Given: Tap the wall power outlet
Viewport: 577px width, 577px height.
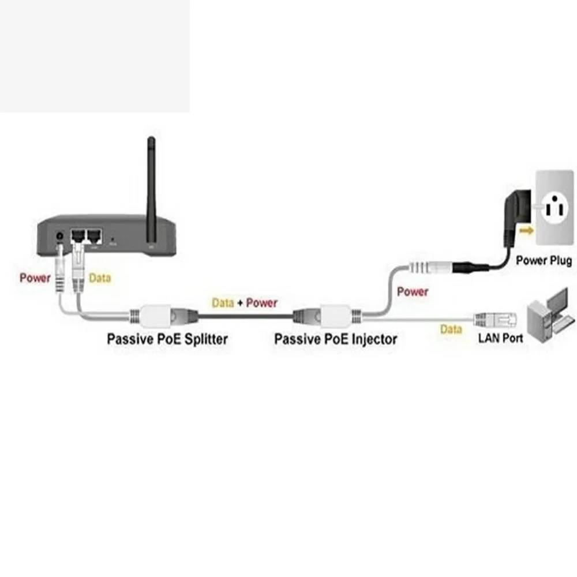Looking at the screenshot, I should point(555,208).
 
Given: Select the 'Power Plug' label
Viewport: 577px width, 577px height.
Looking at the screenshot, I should point(544,260).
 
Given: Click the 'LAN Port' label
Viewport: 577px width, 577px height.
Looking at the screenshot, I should point(500,338).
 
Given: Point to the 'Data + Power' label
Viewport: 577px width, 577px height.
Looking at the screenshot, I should point(244,302).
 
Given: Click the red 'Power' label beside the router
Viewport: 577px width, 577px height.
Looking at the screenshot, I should point(35,278).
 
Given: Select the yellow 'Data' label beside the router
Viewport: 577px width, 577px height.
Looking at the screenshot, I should point(100,278).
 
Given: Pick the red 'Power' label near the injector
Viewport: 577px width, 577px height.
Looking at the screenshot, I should point(413,292).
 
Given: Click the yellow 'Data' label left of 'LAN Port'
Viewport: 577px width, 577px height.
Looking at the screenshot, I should point(451,329).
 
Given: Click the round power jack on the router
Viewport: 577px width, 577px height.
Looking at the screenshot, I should point(60,236).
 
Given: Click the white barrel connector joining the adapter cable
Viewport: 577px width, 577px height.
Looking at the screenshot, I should point(430,267).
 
